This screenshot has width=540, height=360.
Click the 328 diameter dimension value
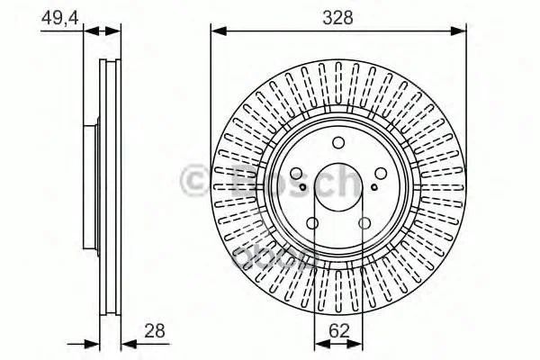337,17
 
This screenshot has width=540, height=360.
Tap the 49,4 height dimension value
59,18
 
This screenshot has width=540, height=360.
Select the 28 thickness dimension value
155,330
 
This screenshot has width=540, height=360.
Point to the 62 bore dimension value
339,330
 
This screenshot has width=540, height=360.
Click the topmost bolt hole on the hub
338,142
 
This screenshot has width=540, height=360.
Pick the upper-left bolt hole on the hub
296,174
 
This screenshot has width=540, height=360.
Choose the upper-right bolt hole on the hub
381,174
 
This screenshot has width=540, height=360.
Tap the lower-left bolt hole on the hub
312,223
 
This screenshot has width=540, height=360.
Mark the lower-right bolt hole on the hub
364,223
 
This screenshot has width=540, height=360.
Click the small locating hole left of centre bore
302,187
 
